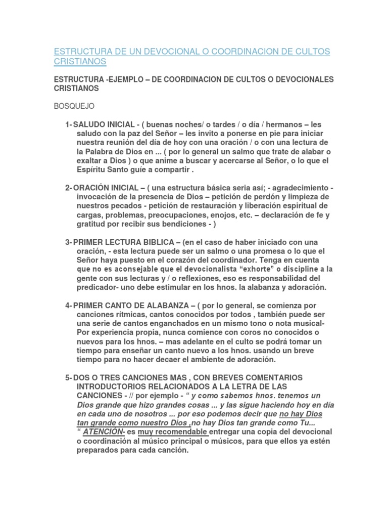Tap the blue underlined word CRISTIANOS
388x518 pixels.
[80, 62]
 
